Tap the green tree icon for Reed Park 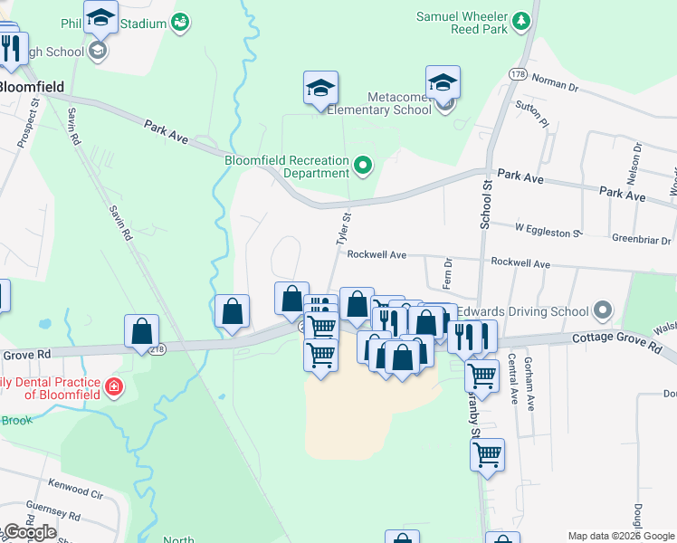coord(520,20)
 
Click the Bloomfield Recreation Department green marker coord(363,165)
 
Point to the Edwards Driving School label coord(522,312)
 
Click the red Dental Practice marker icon coord(113,387)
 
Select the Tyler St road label coord(343,231)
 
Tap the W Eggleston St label coord(548,233)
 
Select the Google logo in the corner coord(29,531)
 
